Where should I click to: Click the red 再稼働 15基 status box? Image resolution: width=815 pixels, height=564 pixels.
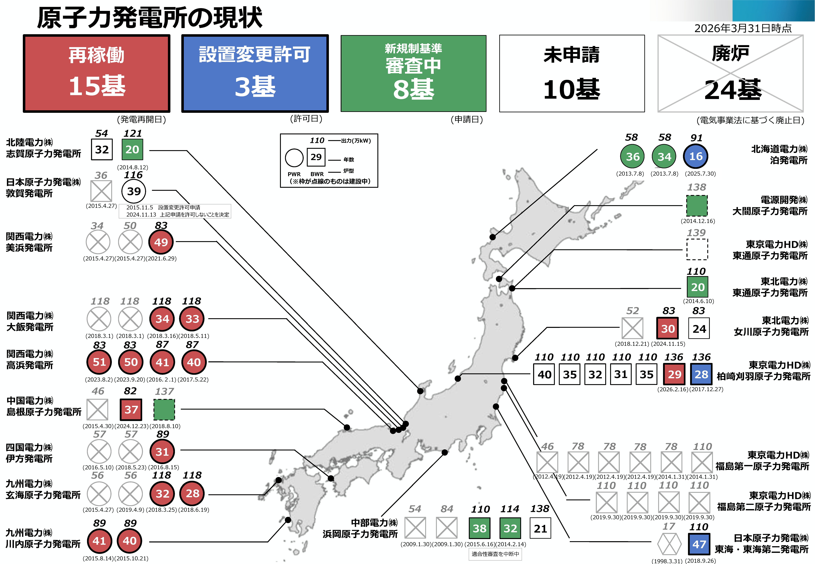97,73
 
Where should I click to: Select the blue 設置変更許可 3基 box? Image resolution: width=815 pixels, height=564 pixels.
255,73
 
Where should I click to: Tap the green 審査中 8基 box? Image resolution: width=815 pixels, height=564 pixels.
413,73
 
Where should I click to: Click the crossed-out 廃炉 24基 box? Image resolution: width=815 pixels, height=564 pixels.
730,73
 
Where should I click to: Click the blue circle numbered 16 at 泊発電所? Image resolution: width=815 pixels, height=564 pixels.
696,157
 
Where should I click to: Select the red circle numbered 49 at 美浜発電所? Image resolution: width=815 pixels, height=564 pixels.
161,242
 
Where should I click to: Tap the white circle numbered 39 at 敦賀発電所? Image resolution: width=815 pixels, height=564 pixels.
134,191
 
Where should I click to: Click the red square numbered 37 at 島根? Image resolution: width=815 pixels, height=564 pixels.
131,410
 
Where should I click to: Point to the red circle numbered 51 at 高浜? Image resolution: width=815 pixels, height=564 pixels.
99,362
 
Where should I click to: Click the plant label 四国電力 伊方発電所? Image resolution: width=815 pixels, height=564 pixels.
29,453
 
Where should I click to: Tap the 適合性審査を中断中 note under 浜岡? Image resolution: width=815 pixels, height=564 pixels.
495,554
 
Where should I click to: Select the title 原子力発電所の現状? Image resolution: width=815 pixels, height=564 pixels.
150,18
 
